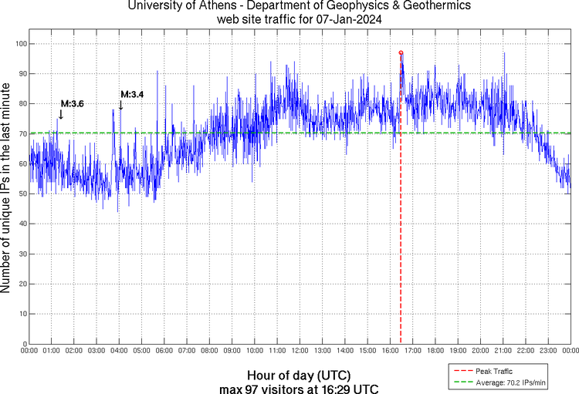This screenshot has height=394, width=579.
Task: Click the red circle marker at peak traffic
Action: click(401, 52)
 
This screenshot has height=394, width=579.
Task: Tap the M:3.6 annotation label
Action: click(73, 104)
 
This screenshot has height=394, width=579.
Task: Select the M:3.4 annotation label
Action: click(132, 95)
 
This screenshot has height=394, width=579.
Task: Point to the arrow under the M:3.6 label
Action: click(61, 115)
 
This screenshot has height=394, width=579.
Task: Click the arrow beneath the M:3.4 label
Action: click(120, 106)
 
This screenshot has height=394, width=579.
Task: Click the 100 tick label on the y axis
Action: click(19, 44)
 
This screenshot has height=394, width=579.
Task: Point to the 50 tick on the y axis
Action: click(22, 194)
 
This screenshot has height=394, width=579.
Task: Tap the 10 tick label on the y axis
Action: click(22, 314)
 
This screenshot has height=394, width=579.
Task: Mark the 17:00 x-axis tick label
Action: click(412, 351)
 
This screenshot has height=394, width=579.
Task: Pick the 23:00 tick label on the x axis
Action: click(547, 351)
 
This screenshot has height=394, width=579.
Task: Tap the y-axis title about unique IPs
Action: click(7, 189)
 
